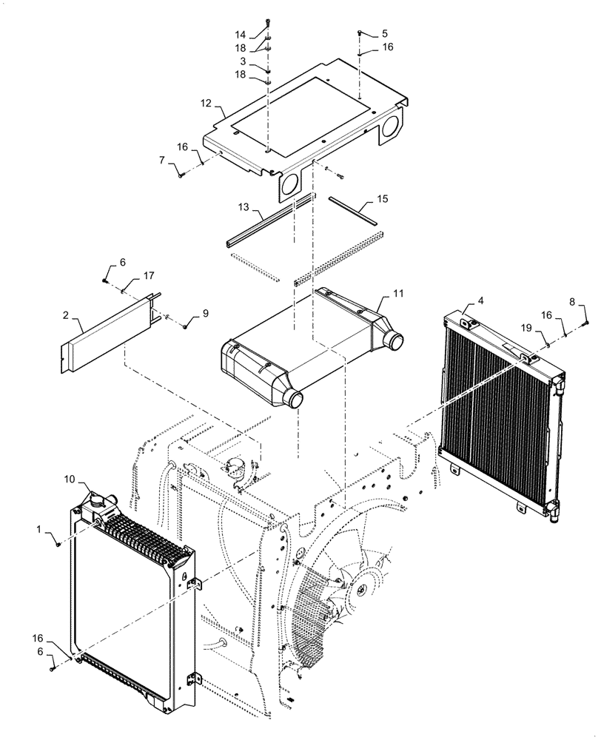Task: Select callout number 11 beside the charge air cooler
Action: (398, 295)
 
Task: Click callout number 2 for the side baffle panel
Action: (65, 315)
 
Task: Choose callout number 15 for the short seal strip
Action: (382, 200)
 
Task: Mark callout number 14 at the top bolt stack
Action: (239, 35)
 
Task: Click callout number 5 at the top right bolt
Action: (385, 34)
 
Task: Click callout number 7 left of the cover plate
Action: (161, 160)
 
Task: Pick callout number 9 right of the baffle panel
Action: (206, 313)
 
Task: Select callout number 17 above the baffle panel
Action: (148, 276)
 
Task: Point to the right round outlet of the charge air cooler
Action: (394, 343)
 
